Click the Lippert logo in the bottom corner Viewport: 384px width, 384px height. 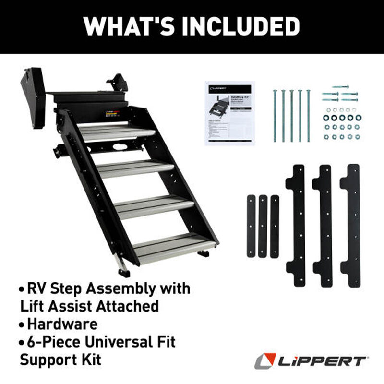[x=312, y=360]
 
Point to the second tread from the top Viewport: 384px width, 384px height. [x=137, y=168]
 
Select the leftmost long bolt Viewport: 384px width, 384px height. [x=275, y=116]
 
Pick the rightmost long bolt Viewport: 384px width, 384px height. [x=308, y=116]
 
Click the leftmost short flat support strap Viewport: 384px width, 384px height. [x=251, y=226]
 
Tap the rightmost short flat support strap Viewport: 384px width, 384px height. [x=275, y=226]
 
